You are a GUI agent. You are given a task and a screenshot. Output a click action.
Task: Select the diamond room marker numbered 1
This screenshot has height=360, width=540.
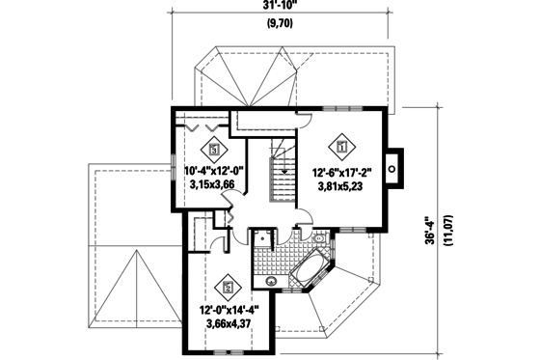(341, 148)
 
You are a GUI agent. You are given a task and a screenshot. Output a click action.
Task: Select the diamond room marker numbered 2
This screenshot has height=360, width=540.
(228, 285)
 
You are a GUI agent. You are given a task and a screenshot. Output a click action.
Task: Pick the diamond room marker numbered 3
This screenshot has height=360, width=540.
(214, 150)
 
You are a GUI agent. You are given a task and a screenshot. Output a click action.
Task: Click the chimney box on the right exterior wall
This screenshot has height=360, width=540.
(393, 166)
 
